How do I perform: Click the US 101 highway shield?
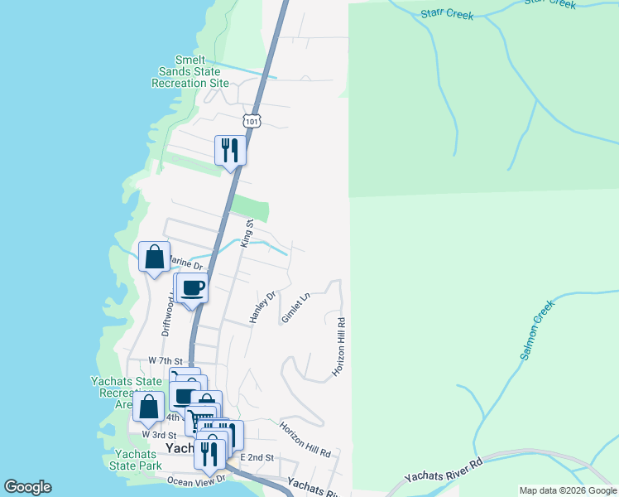pyautogui.click(x=252, y=121)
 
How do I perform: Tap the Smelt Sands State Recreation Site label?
pyautogui.click(x=190, y=72)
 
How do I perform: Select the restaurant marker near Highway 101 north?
pyautogui.click(x=230, y=150)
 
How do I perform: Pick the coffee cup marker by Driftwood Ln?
pyautogui.click(x=192, y=288)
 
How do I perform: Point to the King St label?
pyautogui.click(x=245, y=233)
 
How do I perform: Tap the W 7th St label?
pyautogui.click(x=164, y=360)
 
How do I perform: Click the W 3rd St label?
pyautogui.click(x=159, y=434)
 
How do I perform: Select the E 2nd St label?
pyautogui.click(x=257, y=457)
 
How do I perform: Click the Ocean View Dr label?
pyautogui.click(x=195, y=480)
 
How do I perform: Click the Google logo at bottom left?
pyautogui.click(x=27, y=487)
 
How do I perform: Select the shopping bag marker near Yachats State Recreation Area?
pyautogui.click(x=148, y=407)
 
